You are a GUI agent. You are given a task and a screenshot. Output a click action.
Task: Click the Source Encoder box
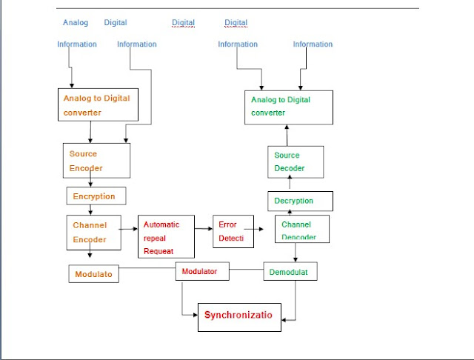click(x=96, y=161)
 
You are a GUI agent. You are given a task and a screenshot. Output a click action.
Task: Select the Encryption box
click(x=96, y=196)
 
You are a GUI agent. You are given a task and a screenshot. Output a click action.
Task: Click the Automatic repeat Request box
click(x=166, y=237)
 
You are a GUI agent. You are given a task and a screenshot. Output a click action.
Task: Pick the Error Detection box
click(x=233, y=231)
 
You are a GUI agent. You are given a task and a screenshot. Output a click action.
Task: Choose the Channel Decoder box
click(x=301, y=230)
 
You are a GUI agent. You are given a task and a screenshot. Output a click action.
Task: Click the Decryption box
click(x=300, y=201)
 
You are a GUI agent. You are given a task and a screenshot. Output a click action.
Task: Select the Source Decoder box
click(x=296, y=161)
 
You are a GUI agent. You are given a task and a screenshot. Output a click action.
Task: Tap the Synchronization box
click(x=240, y=316)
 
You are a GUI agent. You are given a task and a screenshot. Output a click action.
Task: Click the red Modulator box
click(x=202, y=271)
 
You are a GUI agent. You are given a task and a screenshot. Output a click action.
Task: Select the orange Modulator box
click(x=94, y=274)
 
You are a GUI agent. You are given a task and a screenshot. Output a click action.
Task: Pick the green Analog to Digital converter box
click(x=289, y=107)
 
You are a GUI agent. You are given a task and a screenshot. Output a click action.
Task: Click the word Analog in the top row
click(x=76, y=23)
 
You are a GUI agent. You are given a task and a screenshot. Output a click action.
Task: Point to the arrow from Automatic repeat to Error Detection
click(x=204, y=230)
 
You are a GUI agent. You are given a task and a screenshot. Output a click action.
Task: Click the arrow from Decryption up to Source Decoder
click(x=289, y=184)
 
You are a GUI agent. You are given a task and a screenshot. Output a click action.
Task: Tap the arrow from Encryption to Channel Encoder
click(x=90, y=210)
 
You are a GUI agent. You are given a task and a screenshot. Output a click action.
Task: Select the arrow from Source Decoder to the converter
click(x=287, y=135)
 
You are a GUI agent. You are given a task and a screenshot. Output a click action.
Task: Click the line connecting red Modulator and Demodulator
click(x=246, y=271)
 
